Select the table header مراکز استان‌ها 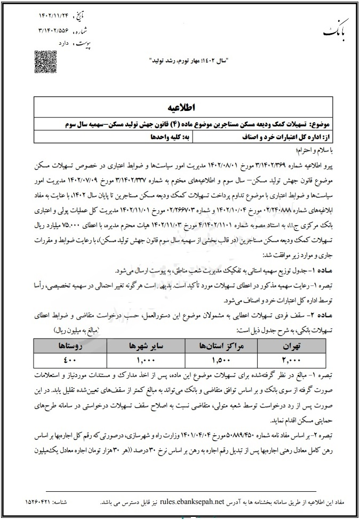tap(223, 346)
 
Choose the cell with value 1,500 tap(223, 360)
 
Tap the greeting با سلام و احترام tap(329, 150)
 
